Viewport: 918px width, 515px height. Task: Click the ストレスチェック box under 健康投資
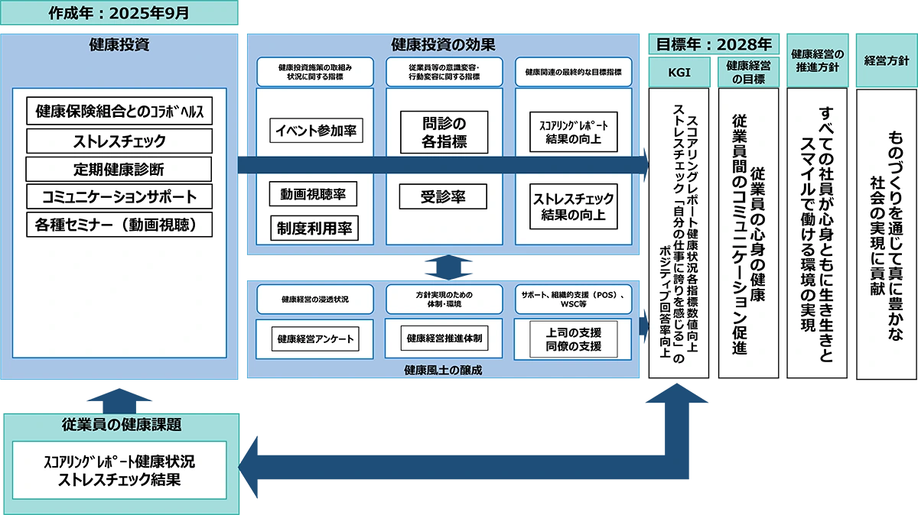click(119, 141)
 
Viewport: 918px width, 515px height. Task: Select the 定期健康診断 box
click(119, 169)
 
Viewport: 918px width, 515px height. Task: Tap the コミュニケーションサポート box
click(119, 196)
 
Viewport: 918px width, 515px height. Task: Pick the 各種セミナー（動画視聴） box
click(119, 225)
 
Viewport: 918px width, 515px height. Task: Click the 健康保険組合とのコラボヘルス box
click(119, 112)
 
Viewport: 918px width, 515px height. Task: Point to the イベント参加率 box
click(316, 131)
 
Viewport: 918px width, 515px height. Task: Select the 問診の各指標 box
click(444, 131)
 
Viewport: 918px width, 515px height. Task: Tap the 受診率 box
click(444, 196)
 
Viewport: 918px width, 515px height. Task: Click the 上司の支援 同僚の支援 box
click(574, 339)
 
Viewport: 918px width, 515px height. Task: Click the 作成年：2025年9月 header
click(119, 13)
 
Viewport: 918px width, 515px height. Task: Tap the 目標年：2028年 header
click(714, 44)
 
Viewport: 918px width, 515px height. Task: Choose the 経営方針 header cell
click(886, 57)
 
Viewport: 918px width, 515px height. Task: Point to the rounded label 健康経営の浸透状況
click(315, 299)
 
